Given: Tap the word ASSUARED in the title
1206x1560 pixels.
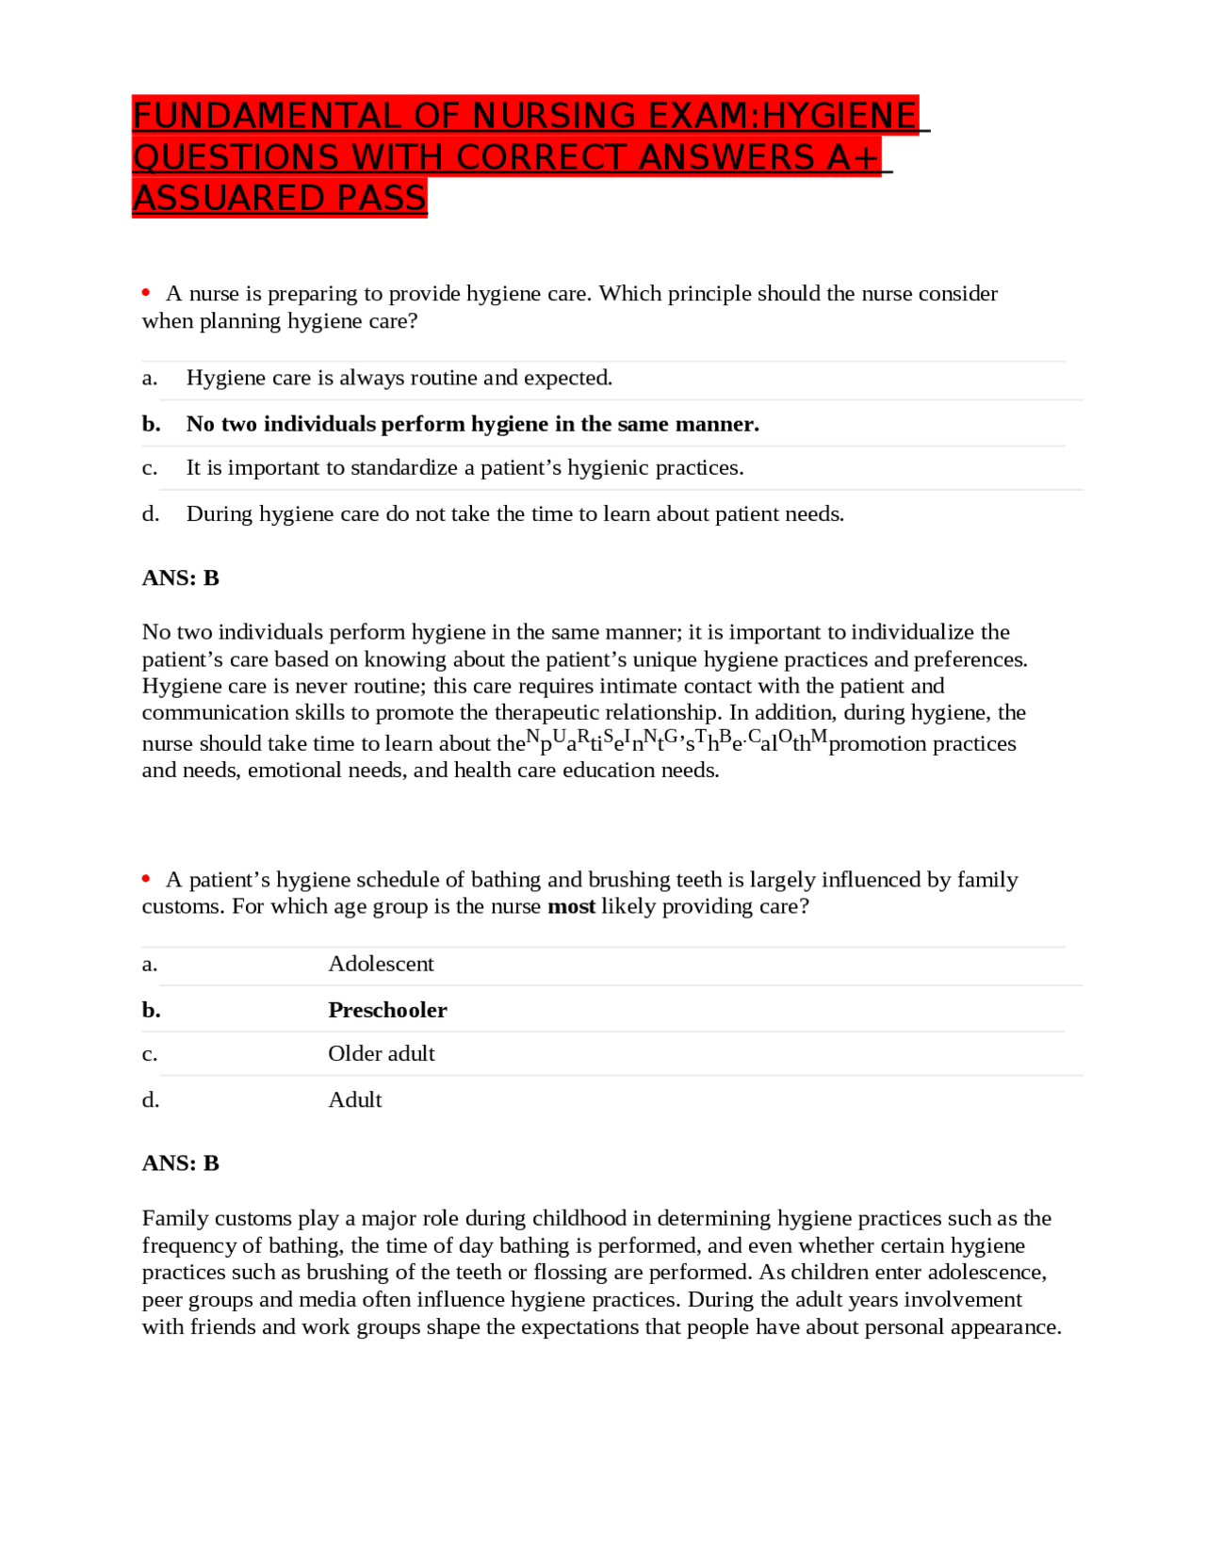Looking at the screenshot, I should coord(221,199).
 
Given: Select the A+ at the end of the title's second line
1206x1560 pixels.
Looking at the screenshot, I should coord(854,157).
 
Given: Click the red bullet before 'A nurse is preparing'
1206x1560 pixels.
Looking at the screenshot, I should coord(146,293).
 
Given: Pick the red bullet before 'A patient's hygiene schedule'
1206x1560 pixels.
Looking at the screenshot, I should coord(146,879).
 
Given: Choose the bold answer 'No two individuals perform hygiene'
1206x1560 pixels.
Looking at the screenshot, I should coord(472,424).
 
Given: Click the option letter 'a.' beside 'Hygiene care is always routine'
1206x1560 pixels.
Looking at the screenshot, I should coord(149,378).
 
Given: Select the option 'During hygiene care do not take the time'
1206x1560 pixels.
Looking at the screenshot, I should coord(514,513).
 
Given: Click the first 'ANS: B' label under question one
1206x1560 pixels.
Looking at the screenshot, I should coord(181,577).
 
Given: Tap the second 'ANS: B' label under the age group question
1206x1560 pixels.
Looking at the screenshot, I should coord(181,1163).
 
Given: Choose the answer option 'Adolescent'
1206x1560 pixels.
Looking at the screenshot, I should coord(381,964).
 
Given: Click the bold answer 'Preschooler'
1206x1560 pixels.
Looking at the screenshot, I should coord(387,1010).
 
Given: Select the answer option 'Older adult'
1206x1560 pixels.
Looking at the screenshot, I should coord(381,1053).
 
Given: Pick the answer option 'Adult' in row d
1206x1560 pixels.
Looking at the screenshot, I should coord(354,1099).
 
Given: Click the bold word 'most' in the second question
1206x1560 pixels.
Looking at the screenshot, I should coord(571,906).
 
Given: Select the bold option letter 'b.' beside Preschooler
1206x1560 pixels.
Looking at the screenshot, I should coord(151,1010).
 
